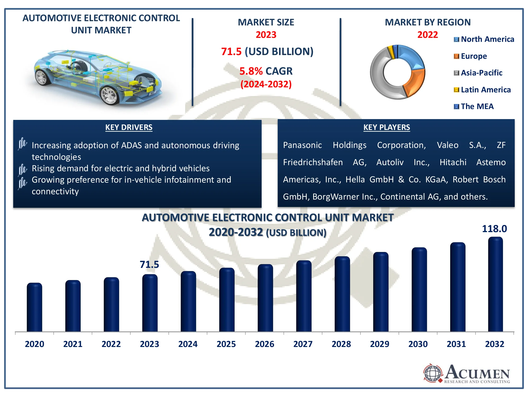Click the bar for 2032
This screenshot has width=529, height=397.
[495, 285]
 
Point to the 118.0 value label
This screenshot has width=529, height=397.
[494, 229]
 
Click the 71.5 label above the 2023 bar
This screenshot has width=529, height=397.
[149, 264]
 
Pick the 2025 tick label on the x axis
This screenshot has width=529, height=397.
[226, 344]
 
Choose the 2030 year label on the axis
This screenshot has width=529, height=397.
[418, 344]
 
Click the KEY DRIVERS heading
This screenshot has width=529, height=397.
[129, 127]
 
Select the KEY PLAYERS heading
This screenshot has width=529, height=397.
[386, 127]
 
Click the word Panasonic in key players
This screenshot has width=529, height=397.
[302, 145]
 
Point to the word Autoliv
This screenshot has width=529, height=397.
[390, 162]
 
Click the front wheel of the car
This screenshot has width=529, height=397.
[109, 95]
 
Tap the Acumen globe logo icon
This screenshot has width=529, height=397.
[432, 373]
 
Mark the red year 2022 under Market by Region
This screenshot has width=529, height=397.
[427, 35]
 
